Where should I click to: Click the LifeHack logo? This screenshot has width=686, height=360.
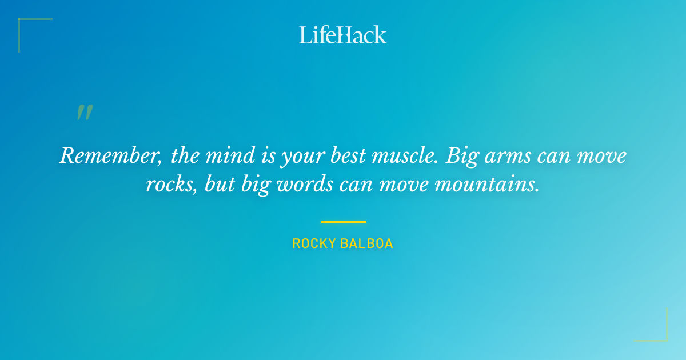[343, 35]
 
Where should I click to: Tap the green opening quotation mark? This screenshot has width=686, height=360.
[85, 113]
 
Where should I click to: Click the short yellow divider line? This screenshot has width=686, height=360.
[343, 222]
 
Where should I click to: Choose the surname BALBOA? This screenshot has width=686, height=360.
[369, 244]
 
